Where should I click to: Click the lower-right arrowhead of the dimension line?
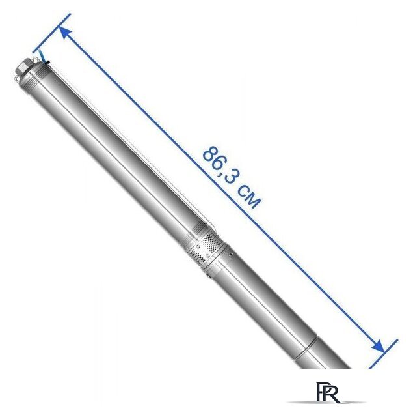point(379,347)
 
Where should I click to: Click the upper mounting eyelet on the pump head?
point(34,60)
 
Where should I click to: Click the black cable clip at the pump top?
point(47,63)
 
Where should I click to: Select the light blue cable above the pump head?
point(42,56)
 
